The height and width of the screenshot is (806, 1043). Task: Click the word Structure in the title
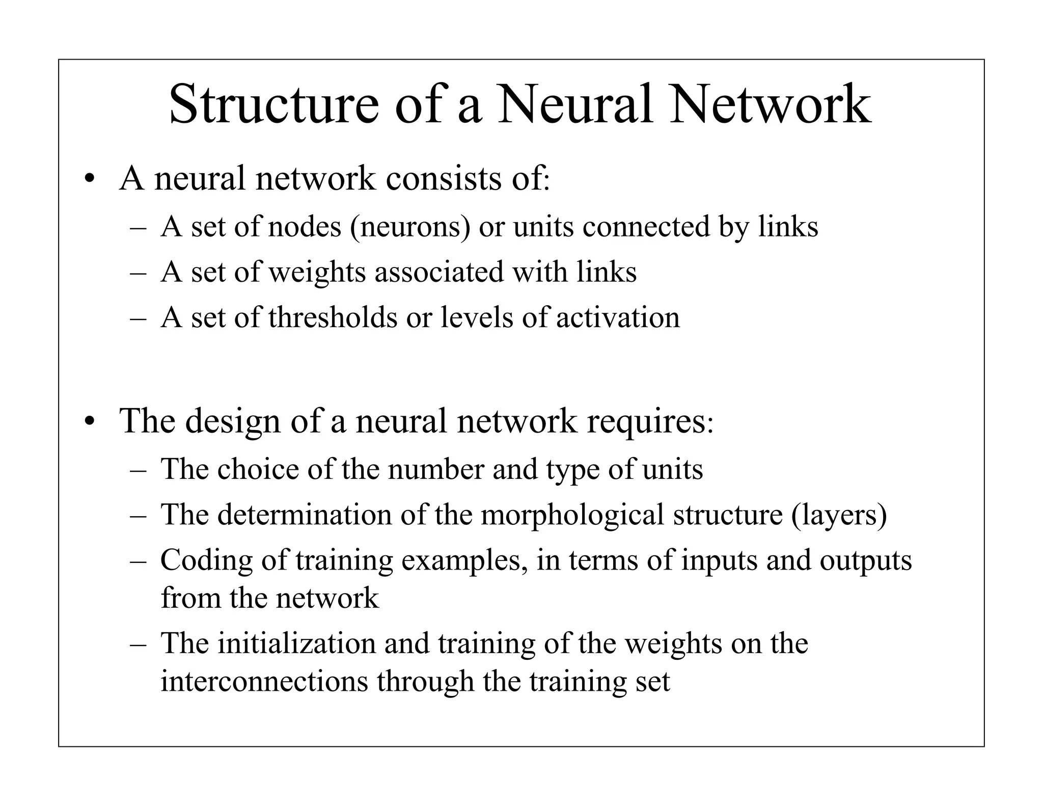pos(273,105)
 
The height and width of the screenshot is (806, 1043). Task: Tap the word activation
pos(618,317)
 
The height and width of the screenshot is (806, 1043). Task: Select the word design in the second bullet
pos(233,421)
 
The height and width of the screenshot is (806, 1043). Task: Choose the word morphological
pos(572,515)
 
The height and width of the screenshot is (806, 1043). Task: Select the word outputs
pos(865,560)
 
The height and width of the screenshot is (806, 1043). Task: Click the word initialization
pos(297,643)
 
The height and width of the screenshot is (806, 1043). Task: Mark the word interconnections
pos(264,681)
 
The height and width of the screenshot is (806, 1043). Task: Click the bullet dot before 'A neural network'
pos(90,180)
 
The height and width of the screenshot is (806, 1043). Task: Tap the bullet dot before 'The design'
pos(90,422)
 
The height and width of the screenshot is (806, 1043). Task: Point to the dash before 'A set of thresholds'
pos(138,318)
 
